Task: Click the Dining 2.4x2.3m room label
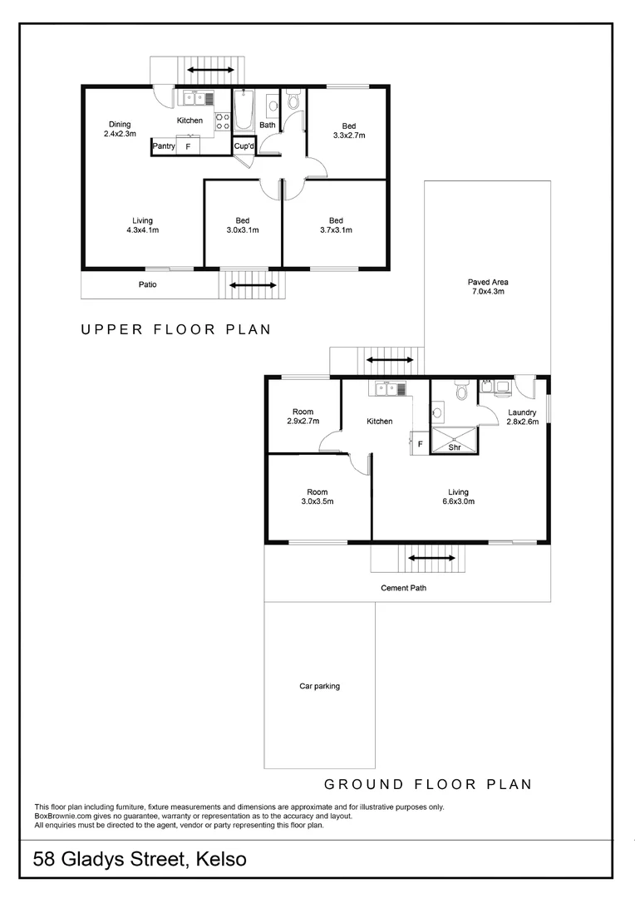coord(117,129)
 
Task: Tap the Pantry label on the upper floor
coord(163,146)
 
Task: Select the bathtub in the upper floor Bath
coord(244,111)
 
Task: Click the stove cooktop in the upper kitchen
coord(222,121)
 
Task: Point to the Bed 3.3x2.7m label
coord(349,131)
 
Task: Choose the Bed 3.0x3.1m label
coord(242,225)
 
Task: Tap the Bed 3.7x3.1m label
coord(335,225)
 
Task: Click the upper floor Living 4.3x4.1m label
coord(142,225)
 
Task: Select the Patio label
coord(147,284)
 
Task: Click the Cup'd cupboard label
coord(244,146)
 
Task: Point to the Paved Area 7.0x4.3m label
coord(487,287)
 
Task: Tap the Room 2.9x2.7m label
coord(303,417)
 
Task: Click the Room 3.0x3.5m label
coord(315,496)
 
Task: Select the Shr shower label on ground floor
coord(455,447)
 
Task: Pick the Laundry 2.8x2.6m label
coord(522,417)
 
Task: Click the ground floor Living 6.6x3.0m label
coord(458,496)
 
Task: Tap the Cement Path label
coord(404,588)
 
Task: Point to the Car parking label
coord(319,686)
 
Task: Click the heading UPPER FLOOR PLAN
coord(175,329)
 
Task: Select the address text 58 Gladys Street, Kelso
coord(140,859)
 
